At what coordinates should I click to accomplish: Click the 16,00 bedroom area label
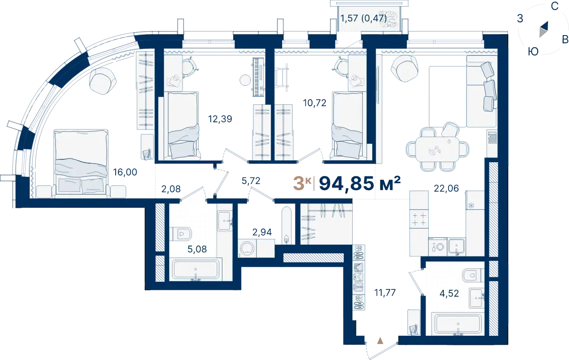click(x=125, y=172)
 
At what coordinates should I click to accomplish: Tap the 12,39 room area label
click(x=220, y=119)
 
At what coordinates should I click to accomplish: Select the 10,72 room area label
click(x=314, y=103)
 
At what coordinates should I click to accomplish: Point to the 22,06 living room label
click(x=446, y=188)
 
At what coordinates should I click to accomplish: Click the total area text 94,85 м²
click(x=360, y=184)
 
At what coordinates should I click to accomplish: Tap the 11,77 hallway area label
click(x=385, y=293)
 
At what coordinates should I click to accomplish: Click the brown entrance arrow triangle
click(x=380, y=341)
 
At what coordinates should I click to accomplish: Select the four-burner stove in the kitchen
click(x=419, y=219)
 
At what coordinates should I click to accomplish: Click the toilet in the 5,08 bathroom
click(x=180, y=233)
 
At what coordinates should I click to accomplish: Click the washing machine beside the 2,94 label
click(x=247, y=248)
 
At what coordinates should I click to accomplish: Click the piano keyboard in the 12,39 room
click(x=258, y=77)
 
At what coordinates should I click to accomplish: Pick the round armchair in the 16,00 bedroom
click(x=102, y=81)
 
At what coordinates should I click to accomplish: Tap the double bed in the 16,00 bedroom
click(x=81, y=163)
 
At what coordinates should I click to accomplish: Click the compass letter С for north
click(x=554, y=6)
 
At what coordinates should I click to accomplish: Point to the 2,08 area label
click(x=171, y=189)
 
